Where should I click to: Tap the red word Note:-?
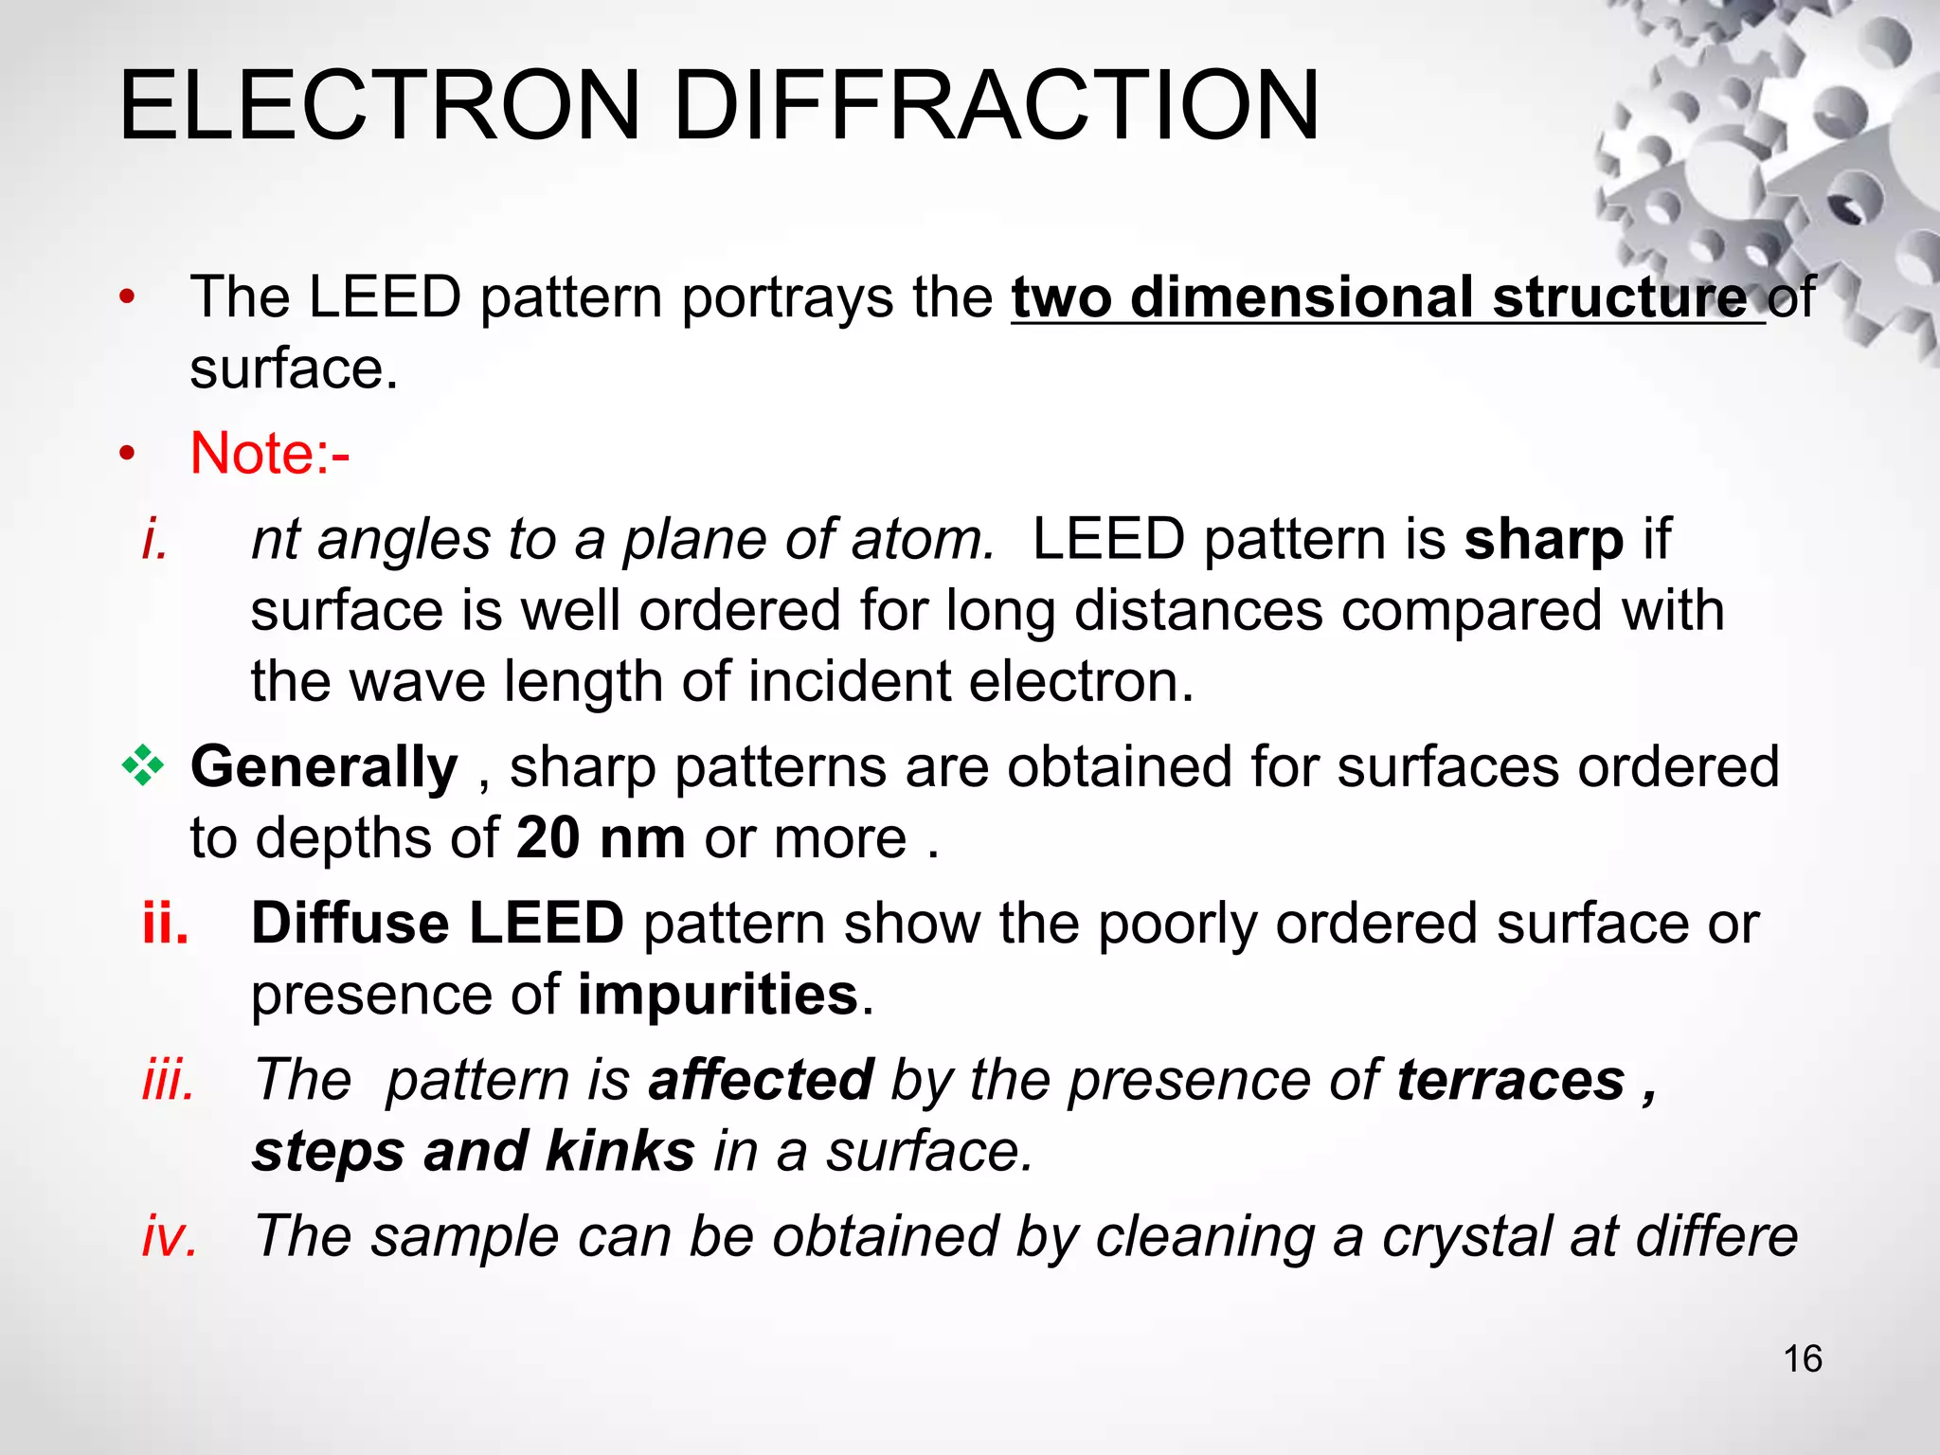pyautogui.click(x=270, y=454)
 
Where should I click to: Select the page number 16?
pyautogui.click(x=1803, y=1359)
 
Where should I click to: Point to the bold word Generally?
pyautogui.click(x=324, y=766)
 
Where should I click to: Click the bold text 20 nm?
pyautogui.click(x=601, y=838)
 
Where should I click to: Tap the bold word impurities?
pyautogui.click(x=718, y=995)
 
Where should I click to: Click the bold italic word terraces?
pyautogui.click(x=1511, y=1080)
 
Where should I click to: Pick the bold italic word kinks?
pyautogui.click(x=620, y=1151)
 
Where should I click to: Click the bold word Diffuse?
pyautogui.click(x=350, y=923)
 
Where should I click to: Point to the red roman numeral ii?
pyautogui.click(x=166, y=923)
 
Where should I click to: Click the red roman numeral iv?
pyautogui.click(x=170, y=1236)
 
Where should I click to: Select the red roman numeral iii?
pyautogui.click(x=169, y=1080)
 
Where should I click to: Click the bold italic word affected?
pyautogui.click(x=761, y=1080)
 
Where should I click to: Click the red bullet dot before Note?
pyautogui.click(x=127, y=455)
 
